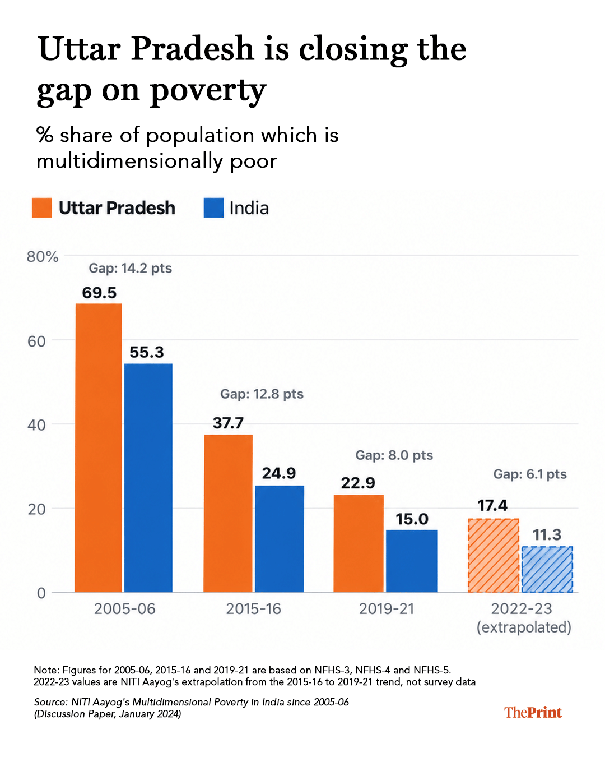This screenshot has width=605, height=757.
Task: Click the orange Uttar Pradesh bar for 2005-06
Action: pos(99,447)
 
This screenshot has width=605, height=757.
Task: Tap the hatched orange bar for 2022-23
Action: pos(493,556)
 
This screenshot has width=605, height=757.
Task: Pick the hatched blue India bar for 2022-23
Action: pos(547,569)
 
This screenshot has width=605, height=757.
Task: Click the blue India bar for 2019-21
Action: pos(411,561)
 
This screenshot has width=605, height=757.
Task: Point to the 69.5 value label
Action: pos(99,293)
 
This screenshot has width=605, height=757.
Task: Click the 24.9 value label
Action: pos(279,473)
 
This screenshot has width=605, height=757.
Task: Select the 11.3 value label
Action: pos(547,535)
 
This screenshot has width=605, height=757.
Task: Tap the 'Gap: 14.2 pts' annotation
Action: pos(130,269)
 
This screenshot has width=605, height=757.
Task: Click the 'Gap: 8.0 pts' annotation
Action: pos(394,455)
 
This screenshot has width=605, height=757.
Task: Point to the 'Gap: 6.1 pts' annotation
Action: pos(530,474)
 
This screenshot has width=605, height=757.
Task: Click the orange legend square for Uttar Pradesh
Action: pos(42,207)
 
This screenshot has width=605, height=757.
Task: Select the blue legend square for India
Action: pos(214,207)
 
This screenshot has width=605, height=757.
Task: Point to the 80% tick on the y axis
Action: pos(43,257)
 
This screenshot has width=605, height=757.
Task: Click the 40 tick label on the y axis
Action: pos(36,425)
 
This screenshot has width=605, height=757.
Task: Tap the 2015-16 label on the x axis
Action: pos(253,609)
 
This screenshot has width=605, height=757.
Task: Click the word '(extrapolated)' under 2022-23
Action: pos(524,627)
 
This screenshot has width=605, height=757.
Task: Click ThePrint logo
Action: pos(533,713)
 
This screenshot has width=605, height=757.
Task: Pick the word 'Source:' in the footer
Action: pos(50,702)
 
